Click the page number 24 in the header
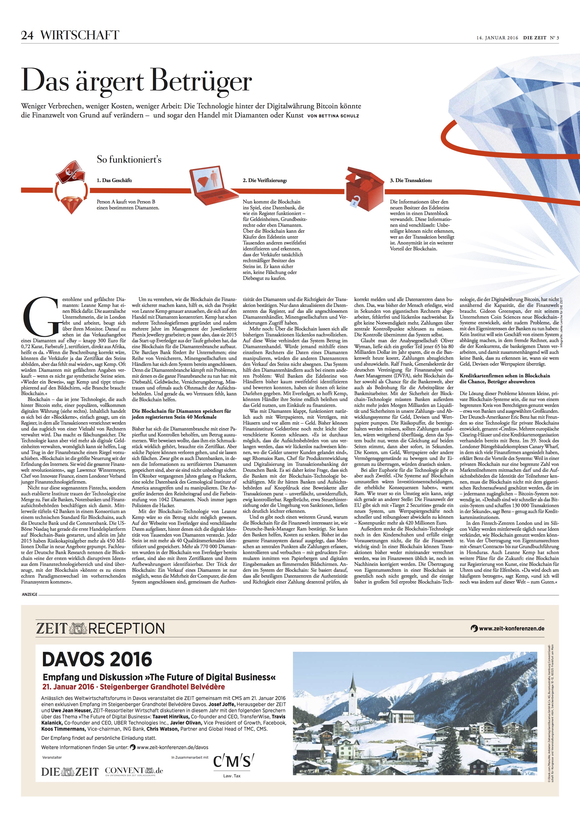pos(27,35)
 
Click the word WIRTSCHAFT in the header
pos(79,35)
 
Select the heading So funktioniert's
pos(129,159)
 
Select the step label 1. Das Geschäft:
pos(114,180)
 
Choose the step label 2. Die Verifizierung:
pos(265,180)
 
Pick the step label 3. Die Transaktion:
pos(411,180)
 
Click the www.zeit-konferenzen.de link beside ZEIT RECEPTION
pos(511,628)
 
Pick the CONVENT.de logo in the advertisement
pos(134,771)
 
